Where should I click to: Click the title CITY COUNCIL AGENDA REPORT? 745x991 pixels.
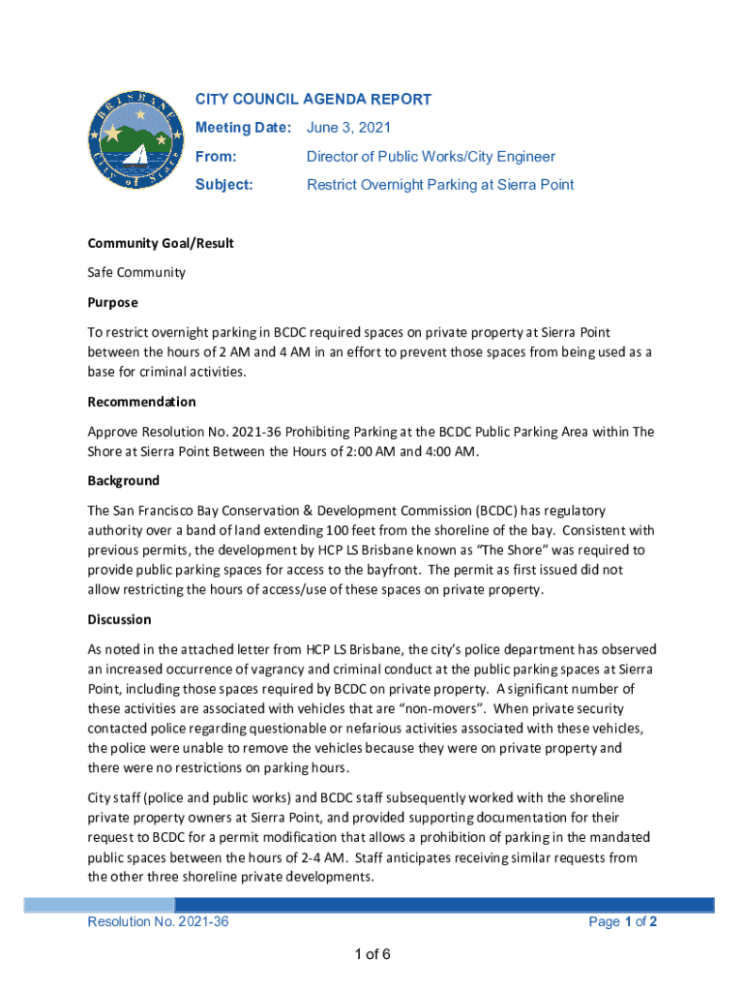[313, 100]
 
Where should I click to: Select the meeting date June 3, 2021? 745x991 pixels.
[349, 128]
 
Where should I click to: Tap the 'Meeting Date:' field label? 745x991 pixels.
[243, 128]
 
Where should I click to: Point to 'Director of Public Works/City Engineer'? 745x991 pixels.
[431, 156]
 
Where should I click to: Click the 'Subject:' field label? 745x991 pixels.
[223, 184]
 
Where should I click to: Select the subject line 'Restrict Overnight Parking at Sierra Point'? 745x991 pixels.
[440, 184]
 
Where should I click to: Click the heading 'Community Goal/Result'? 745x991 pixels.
[161, 243]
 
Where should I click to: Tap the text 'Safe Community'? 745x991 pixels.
[136, 273]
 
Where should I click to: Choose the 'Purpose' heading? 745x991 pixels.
[113, 302]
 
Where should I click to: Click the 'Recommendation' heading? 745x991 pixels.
[141, 402]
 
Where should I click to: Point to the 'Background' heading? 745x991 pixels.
[124, 480]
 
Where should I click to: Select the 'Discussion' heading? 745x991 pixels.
[119, 619]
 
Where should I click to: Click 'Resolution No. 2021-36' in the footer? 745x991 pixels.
[158, 922]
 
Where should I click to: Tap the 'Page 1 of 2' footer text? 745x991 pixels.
[623, 922]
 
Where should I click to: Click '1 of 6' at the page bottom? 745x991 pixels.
[372, 955]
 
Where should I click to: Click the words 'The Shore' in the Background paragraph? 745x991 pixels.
[508, 550]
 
